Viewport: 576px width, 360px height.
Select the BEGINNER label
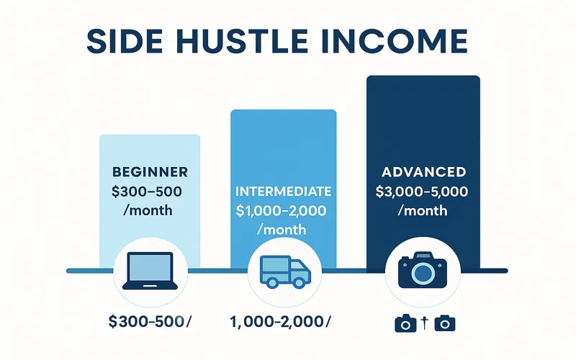(150, 172)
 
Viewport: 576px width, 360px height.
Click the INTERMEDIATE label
(284, 192)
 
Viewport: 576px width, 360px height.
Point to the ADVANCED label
(423, 173)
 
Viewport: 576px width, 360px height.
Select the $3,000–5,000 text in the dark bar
(423, 192)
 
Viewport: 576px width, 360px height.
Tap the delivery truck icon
(284, 272)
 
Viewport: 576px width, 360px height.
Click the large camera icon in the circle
(423, 271)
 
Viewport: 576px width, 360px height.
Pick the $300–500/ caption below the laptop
(150, 321)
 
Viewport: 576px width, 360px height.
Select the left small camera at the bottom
(405, 323)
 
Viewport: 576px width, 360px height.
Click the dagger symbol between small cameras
(426, 323)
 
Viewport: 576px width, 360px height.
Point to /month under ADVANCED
(423, 211)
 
